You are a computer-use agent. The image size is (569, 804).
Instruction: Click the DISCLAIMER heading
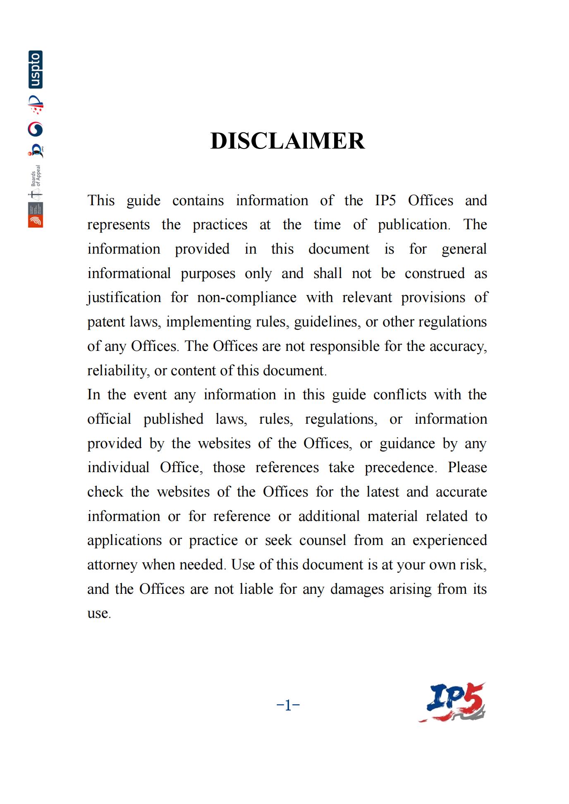point(287,141)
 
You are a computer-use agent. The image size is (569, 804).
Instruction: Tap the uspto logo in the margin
point(36,70)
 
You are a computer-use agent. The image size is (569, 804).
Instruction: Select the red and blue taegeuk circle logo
point(36,129)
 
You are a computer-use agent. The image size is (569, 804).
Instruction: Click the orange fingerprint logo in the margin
point(36,221)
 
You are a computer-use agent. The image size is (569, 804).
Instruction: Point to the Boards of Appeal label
point(36,175)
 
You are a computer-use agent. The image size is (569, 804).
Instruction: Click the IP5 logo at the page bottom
point(452,702)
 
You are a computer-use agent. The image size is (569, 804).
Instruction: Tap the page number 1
point(288,705)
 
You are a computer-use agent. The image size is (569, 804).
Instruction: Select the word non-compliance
point(247,298)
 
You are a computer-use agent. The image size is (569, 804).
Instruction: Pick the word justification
point(124,298)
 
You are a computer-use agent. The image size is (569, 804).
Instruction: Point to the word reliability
point(117,370)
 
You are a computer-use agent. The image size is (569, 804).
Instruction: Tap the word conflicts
point(399,395)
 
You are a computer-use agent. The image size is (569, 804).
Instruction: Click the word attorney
point(112,565)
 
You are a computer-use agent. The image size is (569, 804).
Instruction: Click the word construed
point(435,274)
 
